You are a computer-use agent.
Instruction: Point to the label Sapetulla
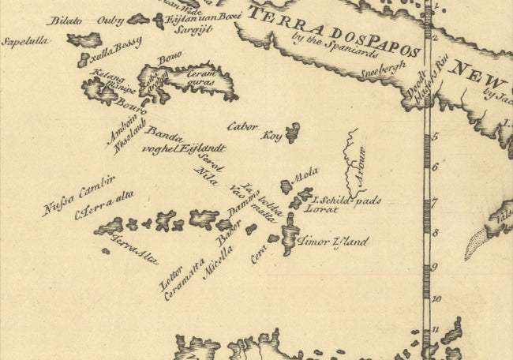[x=23, y=41]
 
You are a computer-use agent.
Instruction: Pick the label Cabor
[x=242, y=126]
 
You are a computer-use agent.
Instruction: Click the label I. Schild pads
[x=346, y=200]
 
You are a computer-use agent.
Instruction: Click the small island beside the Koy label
[x=294, y=132]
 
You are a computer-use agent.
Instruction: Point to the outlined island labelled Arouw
[x=353, y=161]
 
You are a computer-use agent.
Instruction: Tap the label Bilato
[x=66, y=21]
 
